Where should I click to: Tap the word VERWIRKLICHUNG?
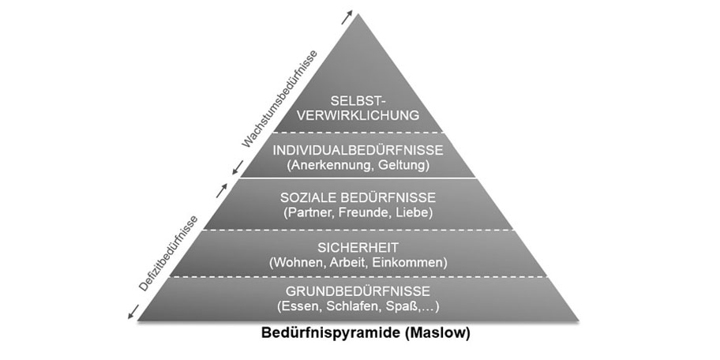358,114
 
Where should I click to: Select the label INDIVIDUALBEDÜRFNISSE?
358,150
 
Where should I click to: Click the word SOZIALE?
309,198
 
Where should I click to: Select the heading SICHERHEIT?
358,248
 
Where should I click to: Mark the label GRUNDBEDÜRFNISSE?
358,291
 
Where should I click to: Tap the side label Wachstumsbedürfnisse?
279,99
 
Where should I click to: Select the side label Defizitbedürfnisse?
169,253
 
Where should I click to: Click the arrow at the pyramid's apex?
347,17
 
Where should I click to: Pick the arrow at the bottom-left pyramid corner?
133,312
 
